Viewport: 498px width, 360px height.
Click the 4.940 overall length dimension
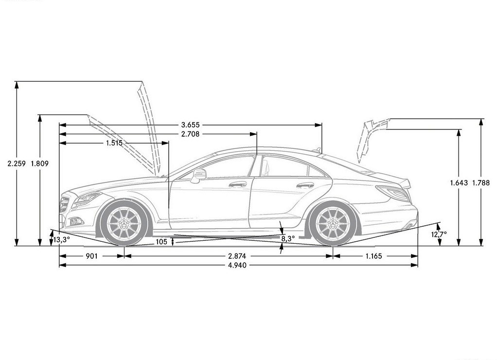tap(237, 265)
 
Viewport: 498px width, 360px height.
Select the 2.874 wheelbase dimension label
tap(237, 256)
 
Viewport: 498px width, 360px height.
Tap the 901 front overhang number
tap(92, 256)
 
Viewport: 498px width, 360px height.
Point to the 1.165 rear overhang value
tap(373, 256)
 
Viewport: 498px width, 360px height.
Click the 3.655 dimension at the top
tap(190, 125)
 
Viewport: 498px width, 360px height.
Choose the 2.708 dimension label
tap(190, 134)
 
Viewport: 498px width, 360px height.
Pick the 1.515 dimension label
tap(114, 143)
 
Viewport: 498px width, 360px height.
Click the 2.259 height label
tap(17, 164)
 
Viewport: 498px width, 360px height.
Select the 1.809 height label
tap(40, 164)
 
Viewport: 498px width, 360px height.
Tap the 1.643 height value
tap(459, 183)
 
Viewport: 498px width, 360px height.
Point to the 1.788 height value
tap(481, 183)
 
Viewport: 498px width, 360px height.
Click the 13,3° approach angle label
tap(61, 239)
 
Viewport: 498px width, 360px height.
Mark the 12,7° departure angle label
tap(439, 234)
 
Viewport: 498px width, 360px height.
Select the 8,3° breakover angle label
tap(288, 239)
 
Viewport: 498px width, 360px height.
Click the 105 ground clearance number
tap(161, 242)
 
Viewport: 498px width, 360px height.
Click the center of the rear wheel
tap(333, 223)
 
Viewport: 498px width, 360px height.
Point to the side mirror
tap(198, 176)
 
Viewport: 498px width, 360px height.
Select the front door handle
tap(238, 184)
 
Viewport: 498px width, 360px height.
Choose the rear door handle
tap(305, 185)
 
